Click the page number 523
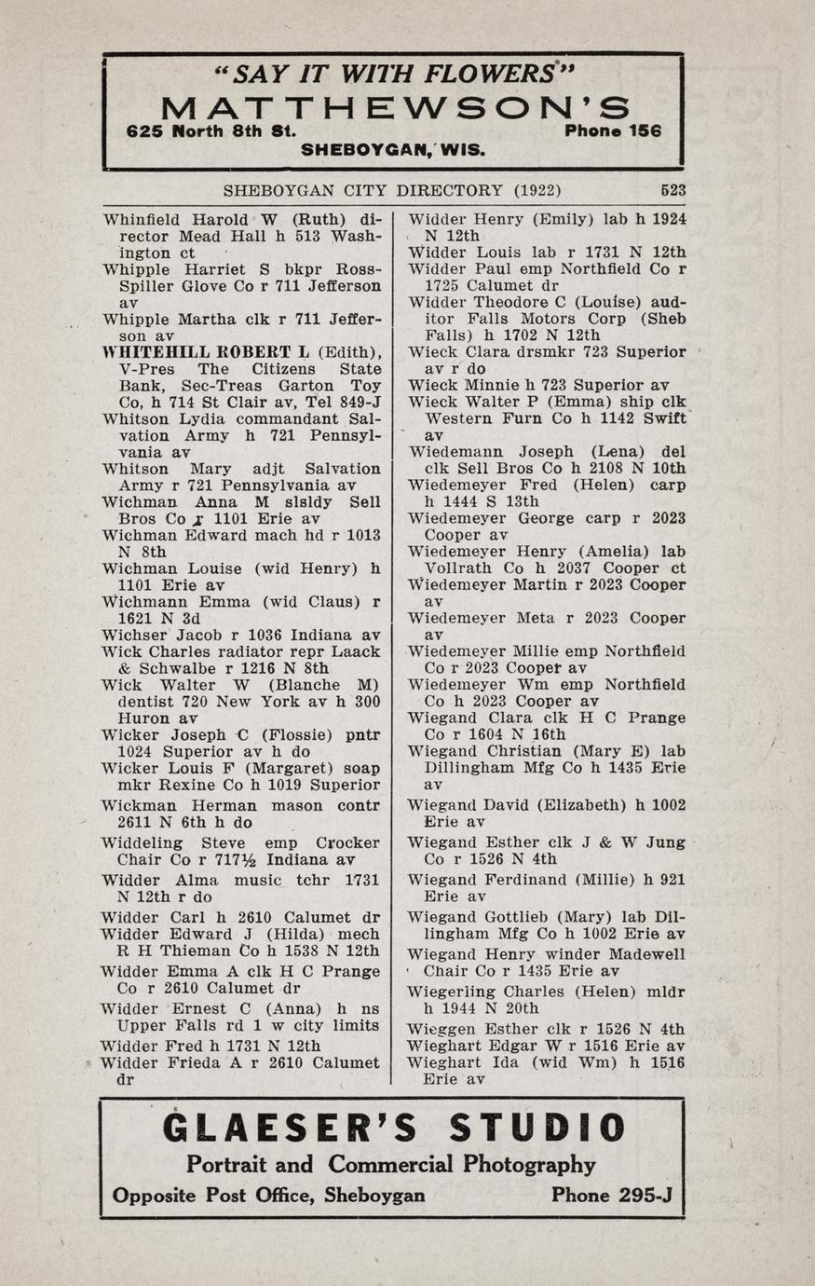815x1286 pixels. (x=672, y=190)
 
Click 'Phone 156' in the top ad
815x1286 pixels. (x=613, y=131)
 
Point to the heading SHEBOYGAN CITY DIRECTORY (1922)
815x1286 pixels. (x=391, y=190)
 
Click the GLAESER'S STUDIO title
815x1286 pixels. (x=393, y=1129)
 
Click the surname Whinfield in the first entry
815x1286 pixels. (x=136, y=220)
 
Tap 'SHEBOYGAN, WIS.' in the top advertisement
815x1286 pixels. (x=393, y=149)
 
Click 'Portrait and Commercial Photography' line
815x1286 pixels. (x=391, y=1165)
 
